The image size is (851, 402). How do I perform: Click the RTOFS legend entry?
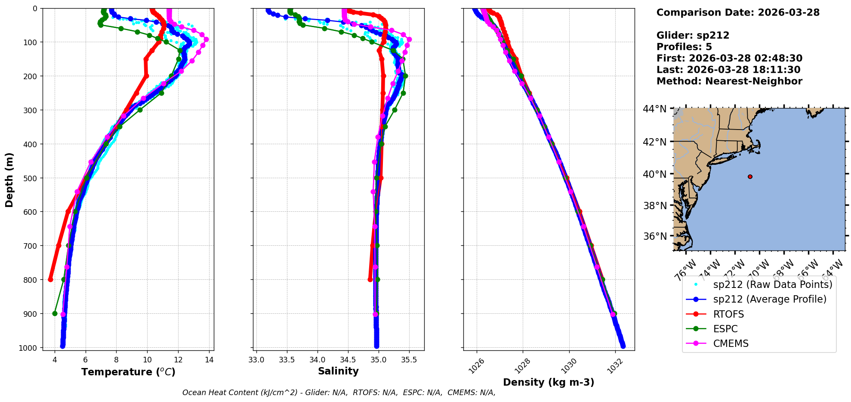click(728, 314)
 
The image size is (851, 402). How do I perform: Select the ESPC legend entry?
click(725, 329)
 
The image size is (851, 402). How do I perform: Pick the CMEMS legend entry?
click(731, 343)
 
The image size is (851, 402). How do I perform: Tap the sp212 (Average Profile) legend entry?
click(770, 299)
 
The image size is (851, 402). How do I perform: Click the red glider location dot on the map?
click(750, 176)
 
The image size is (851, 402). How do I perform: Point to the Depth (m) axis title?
click(9, 179)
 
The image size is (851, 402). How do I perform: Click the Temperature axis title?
click(128, 372)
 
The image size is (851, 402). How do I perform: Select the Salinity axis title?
click(338, 371)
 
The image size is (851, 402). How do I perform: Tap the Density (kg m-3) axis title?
click(549, 382)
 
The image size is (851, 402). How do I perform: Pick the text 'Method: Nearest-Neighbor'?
click(729, 81)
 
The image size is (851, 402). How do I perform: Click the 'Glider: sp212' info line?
click(693, 35)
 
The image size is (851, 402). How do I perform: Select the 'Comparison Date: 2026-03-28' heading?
click(738, 12)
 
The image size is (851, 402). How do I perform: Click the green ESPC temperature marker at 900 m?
click(55, 313)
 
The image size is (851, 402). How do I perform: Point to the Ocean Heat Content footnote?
click(339, 393)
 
